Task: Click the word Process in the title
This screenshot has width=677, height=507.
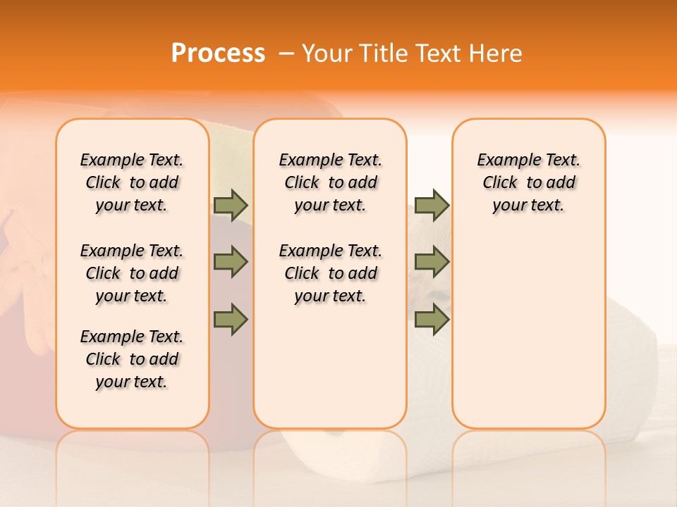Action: tap(218, 53)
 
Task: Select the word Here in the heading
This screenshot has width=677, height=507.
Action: tap(496, 53)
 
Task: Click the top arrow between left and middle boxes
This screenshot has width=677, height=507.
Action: tap(231, 205)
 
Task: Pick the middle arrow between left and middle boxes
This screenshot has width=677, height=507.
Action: tap(231, 263)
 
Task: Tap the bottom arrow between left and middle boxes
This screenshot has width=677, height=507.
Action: tap(231, 320)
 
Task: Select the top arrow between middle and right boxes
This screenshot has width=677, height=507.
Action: tap(432, 205)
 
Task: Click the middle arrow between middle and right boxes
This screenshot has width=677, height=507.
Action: tap(432, 263)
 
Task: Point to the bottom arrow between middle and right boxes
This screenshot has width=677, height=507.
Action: tap(432, 320)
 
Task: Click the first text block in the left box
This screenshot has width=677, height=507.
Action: tap(132, 182)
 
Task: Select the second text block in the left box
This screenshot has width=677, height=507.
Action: tap(132, 273)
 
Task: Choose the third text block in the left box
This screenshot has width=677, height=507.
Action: tap(132, 359)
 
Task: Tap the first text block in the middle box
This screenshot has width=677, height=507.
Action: tap(330, 182)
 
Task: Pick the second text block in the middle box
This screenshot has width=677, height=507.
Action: tap(330, 273)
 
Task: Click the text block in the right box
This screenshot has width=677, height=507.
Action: tap(529, 182)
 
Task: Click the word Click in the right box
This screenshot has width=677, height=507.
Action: tap(500, 183)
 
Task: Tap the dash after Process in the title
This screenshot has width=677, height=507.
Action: tap(286, 53)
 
